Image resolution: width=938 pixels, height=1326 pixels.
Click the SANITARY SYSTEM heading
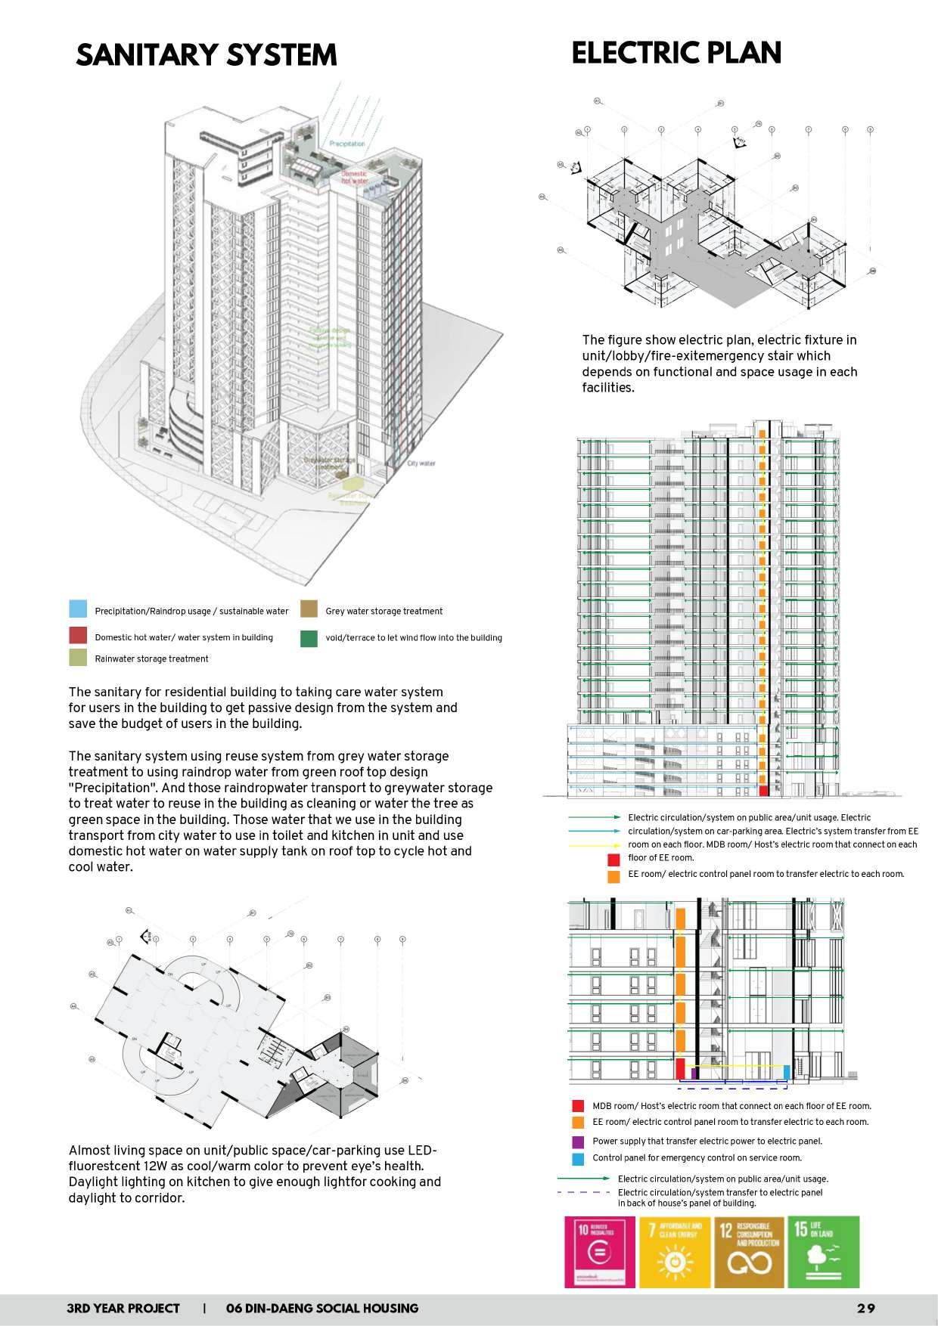[x=206, y=55]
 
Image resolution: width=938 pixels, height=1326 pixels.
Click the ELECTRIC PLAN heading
[x=676, y=53]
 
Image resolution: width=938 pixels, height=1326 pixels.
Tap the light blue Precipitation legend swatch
[x=78, y=609]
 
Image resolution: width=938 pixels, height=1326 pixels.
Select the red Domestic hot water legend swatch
[x=78, y=636]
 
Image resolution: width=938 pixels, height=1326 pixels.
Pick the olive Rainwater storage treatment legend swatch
[x=78, y=658]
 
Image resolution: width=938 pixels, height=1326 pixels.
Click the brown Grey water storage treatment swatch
[x=309, y=609]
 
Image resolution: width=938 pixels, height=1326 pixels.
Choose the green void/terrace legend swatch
[x=309, y=638]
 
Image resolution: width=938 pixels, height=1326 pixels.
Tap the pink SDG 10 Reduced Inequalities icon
[x=600, y=1251]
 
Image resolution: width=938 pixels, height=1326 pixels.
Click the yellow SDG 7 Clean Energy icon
[x=675, y=1251]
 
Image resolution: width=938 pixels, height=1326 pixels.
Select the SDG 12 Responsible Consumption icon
[x=749, y=1251]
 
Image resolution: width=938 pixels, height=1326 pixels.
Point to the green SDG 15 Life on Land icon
[x=824, y=1251]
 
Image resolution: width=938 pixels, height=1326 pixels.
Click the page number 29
[x=866, y=1309]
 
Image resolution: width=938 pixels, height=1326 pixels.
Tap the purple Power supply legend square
[x=578, y=1142]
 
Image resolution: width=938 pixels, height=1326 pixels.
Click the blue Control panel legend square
[x=578, y=1158]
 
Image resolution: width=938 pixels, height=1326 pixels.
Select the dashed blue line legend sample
[x=583, y=1192]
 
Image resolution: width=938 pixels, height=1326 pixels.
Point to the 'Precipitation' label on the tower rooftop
[x=347, y=144]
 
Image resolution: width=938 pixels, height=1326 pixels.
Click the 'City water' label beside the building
[x=421, y=463]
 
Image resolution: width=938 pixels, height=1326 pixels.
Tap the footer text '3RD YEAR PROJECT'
[x=123, y=1309]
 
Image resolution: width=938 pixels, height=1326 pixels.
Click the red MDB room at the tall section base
[x=763, y=790]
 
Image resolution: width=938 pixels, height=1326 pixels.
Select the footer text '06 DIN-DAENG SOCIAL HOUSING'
[x=322, y=1309]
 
